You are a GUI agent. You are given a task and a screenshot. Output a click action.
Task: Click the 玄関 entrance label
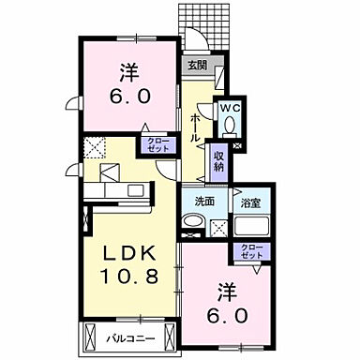coord(197,66)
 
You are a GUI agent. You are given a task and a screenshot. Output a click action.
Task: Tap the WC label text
coord(230,108)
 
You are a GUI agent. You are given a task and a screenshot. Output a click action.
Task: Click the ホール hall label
coord(195,127)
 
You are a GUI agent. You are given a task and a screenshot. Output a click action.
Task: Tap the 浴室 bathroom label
coord(249,201)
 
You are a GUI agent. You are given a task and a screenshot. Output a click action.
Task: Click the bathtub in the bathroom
coord(250,227)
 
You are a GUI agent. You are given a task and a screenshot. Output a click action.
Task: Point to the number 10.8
coord(126,277)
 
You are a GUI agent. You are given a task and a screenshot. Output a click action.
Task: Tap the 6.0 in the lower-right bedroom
coord(228,315)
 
